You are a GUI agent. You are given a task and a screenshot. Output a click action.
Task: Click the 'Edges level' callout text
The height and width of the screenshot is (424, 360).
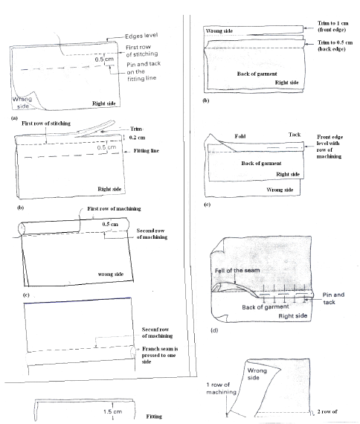(x=141, y=36)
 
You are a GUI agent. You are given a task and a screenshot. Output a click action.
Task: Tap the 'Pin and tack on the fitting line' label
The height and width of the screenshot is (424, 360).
(x=144, y=71)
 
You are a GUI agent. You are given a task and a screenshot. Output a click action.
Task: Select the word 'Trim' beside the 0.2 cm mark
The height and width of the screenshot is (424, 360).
(x=136, y=129)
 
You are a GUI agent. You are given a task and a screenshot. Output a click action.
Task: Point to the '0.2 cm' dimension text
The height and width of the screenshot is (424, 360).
(x=137, y=138)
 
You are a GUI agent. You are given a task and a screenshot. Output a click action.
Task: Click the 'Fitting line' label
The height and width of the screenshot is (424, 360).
(x=147, y=150)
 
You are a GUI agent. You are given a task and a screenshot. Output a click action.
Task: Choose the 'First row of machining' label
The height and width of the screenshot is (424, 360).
(x=114, y=208)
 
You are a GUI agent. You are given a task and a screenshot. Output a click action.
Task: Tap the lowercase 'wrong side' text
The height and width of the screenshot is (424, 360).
(x=111, y=274)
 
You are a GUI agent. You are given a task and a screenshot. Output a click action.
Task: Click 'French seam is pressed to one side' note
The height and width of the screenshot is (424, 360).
(x=160, y=355)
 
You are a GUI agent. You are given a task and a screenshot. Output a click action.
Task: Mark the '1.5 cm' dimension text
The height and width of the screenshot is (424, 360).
(x=112, y=411)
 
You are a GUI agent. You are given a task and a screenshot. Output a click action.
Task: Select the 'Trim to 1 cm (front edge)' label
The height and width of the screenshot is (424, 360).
(x=333, y=26)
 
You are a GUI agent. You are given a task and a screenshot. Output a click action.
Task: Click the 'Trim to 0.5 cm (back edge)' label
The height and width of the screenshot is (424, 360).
(x=335, y=45)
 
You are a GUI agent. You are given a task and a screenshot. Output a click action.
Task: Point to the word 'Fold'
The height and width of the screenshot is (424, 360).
(x=240, y=136)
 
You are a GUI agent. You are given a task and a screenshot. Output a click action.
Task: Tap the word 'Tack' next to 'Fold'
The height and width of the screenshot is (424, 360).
(x=295, y=135)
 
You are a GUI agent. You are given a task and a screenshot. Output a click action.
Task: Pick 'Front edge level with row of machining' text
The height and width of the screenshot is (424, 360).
(x=330, y=147)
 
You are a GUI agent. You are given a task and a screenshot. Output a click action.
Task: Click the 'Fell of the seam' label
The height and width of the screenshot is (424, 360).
(x=237, y=271)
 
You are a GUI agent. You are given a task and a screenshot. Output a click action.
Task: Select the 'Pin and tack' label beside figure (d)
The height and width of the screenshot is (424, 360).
(x=333, y=298)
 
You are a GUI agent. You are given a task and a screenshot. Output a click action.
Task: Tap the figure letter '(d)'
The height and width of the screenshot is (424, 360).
(x=214, y=330)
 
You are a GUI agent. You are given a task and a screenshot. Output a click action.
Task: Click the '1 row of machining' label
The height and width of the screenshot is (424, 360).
(x=221, y=388)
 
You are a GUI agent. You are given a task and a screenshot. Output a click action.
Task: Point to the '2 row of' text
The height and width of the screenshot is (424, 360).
(x=327, y=411)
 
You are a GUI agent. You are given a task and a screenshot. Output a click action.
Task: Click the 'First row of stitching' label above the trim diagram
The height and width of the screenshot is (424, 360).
(x=46, y=123)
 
